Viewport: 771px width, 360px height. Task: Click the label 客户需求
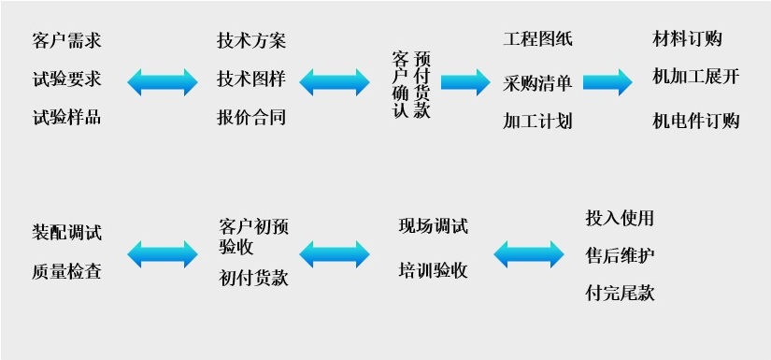pyautogui.click(x=66, y=41)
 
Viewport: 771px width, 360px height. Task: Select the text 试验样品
pyautogui.click(x=66, y=118)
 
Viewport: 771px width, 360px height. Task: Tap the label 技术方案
pyautogui.click(x=251, y=41)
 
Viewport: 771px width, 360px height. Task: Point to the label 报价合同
pyautogui.click(x=251, y=118)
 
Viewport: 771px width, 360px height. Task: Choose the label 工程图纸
pyautogui.click(x=537, y=39)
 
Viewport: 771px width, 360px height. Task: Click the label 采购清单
pyautogui.click(x=537, y=83)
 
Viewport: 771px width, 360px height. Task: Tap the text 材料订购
pyautogui.click(x=687, y=39)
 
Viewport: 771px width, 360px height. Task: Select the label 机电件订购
pyautogui.click(x=696, y=121)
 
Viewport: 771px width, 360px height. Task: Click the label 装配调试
pyautogui.click(x=66, y=233)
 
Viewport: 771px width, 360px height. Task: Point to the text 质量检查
pyautogui.click(x=66, y=272)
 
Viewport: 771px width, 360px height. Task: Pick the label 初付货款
pyautogui.click(x=253, y=278)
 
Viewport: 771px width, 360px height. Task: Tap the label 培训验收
pyautogui.click(x=433, y=271)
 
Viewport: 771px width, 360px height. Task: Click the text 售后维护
pyautogui.click(x=620, y=255)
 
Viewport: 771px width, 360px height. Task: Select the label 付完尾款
pyautogui.click(x=620, y=293)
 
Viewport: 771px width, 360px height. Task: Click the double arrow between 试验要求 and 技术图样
pyautogui.click(x=163, y=81)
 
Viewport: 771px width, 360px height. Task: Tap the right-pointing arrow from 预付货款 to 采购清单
pyautogui.click(x=465, y=81)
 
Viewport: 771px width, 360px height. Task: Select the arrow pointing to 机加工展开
pyautogui.click(x=607, y=81)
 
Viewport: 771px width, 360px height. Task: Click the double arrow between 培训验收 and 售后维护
pyautogui.click(x=529, y=253)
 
